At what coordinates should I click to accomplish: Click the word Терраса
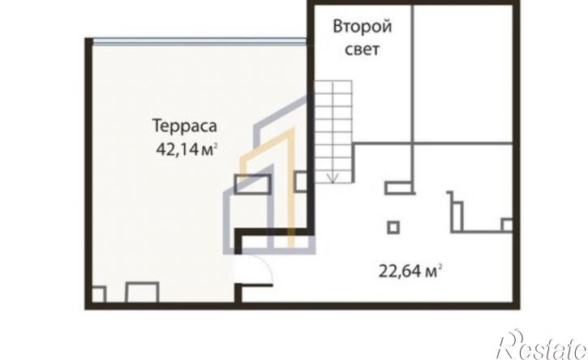click(x=185, y=126)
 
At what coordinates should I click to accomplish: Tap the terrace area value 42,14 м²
click(x=187, y=150)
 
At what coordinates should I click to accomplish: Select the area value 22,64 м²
click(x=409, y=271)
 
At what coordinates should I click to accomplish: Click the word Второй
click(x=363, y=28)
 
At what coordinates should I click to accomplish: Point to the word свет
click(x=362, y=49)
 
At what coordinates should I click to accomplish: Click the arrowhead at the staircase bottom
click(x=333, y=178)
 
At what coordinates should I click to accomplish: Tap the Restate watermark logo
click(x=542, y=345)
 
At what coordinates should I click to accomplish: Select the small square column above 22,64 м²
click(x=393, y=227)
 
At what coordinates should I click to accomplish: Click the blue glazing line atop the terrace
click(x=200, y=41)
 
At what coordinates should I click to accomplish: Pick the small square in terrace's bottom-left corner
click(x=99, y=294)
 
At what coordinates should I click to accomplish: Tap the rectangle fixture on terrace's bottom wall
click(x=142, y=292)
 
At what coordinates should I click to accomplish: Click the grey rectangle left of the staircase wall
click(x=252, y=184)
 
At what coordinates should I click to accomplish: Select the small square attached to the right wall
click(x=508, y=225)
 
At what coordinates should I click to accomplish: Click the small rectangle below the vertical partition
click(x=400, y=187)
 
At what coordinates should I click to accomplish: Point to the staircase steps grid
click(x=333, y=131)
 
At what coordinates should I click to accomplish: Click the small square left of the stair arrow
click(x=301, y=181)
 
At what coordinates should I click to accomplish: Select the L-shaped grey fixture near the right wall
click(x=455, y=212)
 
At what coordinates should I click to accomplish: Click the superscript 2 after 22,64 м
click(x=439, y=266)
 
